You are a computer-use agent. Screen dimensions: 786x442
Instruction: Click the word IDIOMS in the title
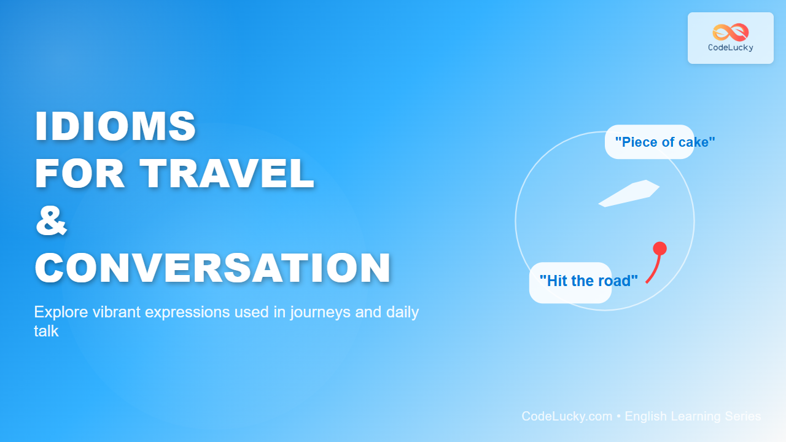tap(115, 126)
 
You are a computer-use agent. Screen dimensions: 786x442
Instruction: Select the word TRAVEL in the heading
tap(227, 173)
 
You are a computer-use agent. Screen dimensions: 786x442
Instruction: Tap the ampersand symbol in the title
tap(51, 220)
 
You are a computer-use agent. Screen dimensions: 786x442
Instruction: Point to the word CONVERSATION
tap(212, 268)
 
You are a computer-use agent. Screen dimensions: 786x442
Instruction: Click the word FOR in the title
tap(80, 173)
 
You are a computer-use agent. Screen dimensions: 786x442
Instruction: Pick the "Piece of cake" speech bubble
tap(650, 142)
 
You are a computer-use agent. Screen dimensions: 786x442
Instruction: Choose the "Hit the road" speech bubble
tap(570, 282)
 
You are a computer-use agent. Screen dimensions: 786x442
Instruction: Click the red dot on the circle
tap(660, 249)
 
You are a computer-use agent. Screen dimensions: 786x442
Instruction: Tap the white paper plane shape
tap(629, 193)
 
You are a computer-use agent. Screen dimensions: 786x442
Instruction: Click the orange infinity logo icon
tap(731, 33)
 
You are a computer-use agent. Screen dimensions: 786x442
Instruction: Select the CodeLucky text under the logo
tap(731, 48)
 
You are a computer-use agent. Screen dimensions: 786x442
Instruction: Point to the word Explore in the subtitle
tap(61, 312)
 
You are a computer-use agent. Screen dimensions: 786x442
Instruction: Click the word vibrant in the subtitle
tap(117, 312)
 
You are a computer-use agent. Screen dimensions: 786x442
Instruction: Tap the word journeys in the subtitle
tap(320, 312)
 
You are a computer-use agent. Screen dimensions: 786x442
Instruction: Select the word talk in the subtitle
tap(46, 331)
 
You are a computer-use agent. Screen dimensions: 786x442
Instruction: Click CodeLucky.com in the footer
tap(567, 416)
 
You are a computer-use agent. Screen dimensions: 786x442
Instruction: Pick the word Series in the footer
tap(743, 416)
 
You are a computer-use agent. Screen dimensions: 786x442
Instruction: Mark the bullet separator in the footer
tap(618, 416)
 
